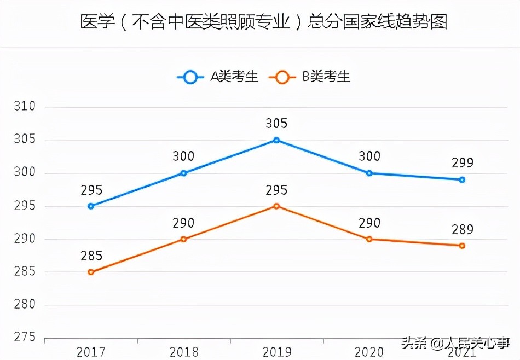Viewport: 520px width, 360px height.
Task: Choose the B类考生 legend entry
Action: click(x=310, y=77)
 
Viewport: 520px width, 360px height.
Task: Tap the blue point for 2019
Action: click(x=276, y=140)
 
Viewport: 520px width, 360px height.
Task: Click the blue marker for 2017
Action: click(x=91, y=206)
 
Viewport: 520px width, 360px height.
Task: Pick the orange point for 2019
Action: click(x=276, y=206)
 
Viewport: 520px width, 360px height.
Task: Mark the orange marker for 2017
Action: click(x=91, y=272)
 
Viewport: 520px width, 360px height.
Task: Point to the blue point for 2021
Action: click(x=462, y=179)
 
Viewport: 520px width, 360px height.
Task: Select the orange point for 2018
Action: click(x=183, y=239)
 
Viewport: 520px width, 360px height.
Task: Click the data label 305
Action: click(x=276, y=124)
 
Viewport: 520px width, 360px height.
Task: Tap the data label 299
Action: click(x=462, y=163)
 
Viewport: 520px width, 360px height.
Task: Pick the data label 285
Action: click(x=91, y=256)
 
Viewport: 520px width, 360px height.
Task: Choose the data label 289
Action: click(x=462, y=229)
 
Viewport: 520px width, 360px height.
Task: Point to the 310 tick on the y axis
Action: click(x=25, y=107)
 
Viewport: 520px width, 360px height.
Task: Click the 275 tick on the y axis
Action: click(x=25, y=338)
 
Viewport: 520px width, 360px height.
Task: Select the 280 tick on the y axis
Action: click(x=25, y=305)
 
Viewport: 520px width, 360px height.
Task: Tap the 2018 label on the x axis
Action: click(x=183, y=350)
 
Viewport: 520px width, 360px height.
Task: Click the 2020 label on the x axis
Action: click(x=369, y=350)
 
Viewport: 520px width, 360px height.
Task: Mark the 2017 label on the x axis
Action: click(x=91, y=350)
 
